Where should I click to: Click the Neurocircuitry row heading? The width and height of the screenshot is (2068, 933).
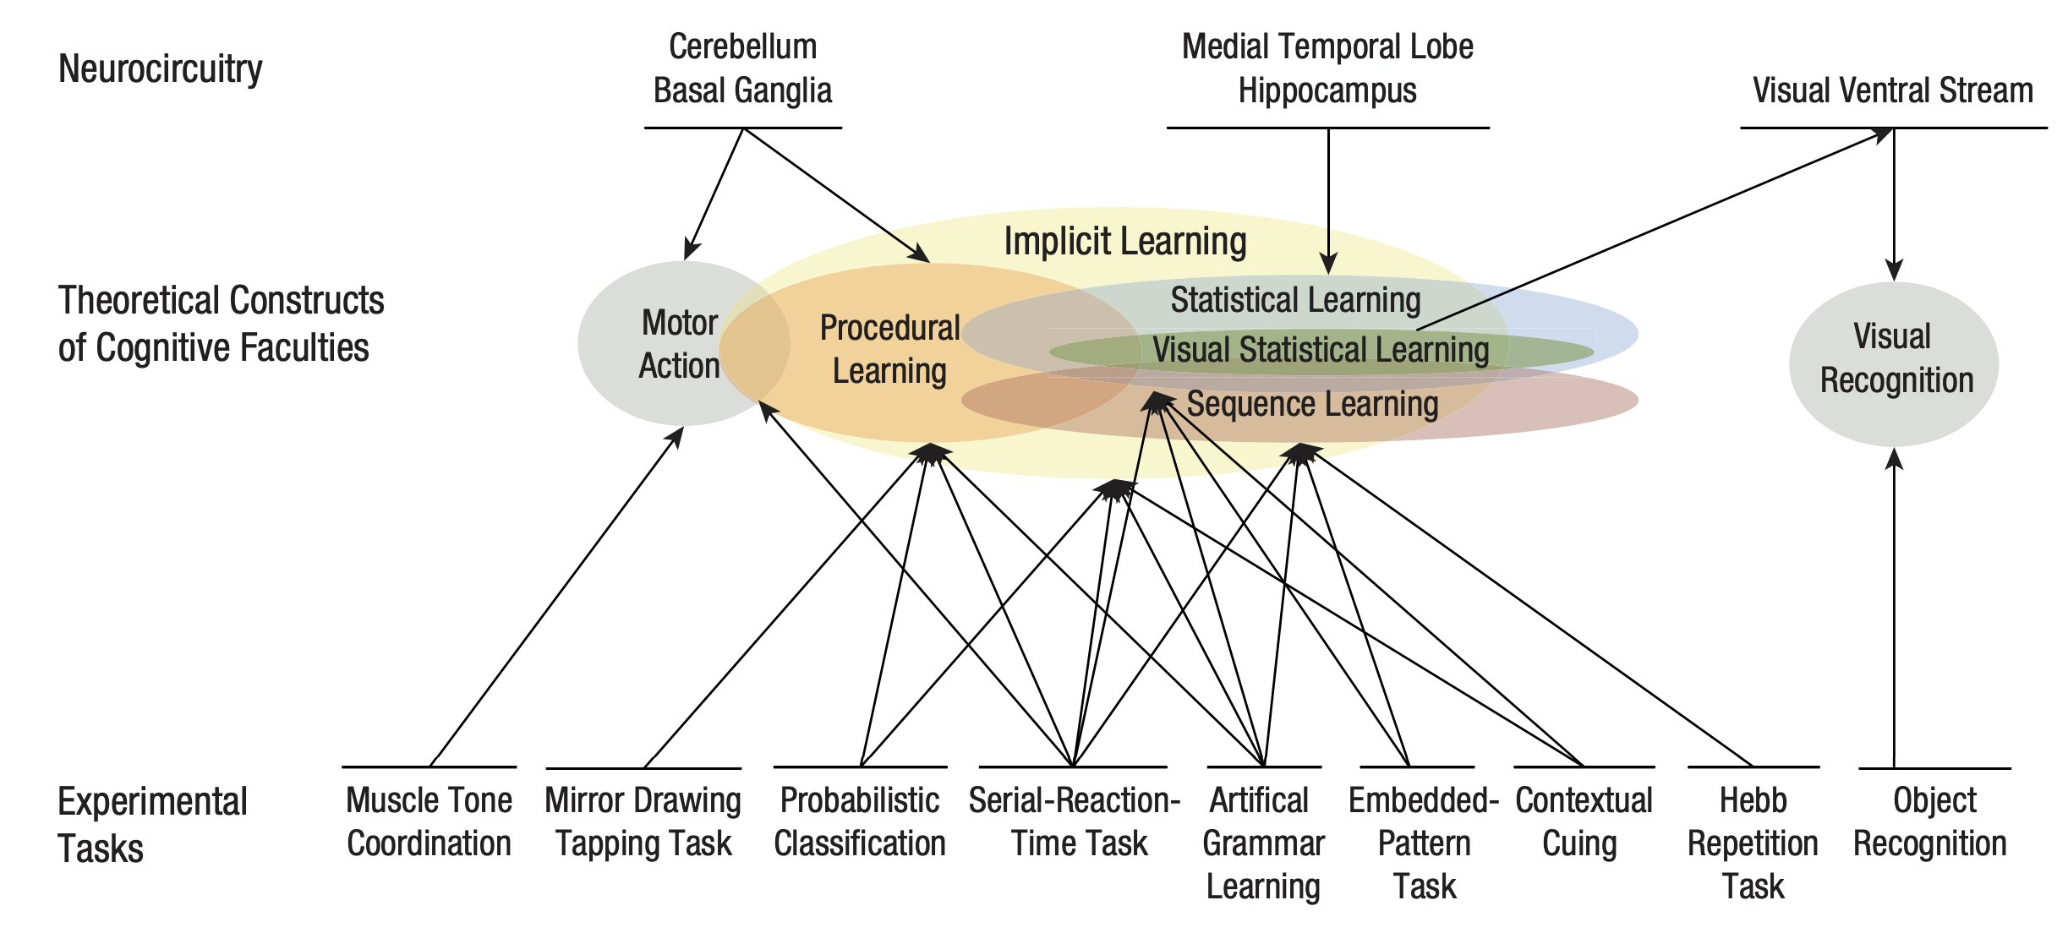pyautogui.click(x=160, y=68)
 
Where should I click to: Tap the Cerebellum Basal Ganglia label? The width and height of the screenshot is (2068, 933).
pyautogui.click(x=742, y=68)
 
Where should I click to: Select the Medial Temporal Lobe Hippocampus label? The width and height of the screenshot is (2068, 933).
pyautogui.click(x=1327, y=68)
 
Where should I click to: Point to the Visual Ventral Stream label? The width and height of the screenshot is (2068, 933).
pyautogui.click(x=1892, y=90)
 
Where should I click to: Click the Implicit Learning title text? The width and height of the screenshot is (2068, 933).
pyautogui.click(x=1124, y=242)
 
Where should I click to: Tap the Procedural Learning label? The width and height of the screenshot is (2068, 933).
pyautogui.click(x=889, y=349)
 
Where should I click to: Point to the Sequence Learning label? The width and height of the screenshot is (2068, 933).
pyautogui.click(x=1312, y=404)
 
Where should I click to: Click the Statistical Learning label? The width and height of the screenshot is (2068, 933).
pyautogui.click(x=1295, y=300)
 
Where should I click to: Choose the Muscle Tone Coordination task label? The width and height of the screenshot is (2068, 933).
pyautogui.click(x=429, y=821)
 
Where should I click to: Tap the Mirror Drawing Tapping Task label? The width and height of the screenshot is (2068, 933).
pyautogui.click(x=643, y=821)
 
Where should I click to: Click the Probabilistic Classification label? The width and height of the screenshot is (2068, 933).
pyautogui.click(x=860, y=821)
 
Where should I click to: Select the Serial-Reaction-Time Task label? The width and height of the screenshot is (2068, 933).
pyautogui.click(x=1075, y=821)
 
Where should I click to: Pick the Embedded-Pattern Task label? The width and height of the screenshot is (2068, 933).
pyautogui.click(x=1424, y=843)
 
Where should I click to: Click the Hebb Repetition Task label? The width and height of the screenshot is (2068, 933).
pyautogui.click(x=1753, y=843)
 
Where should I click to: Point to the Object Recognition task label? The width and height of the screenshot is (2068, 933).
pyautogui.click(x=1931, y=821)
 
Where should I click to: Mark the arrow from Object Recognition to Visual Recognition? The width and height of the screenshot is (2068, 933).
pyautogui.click(x=1894, y=608)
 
